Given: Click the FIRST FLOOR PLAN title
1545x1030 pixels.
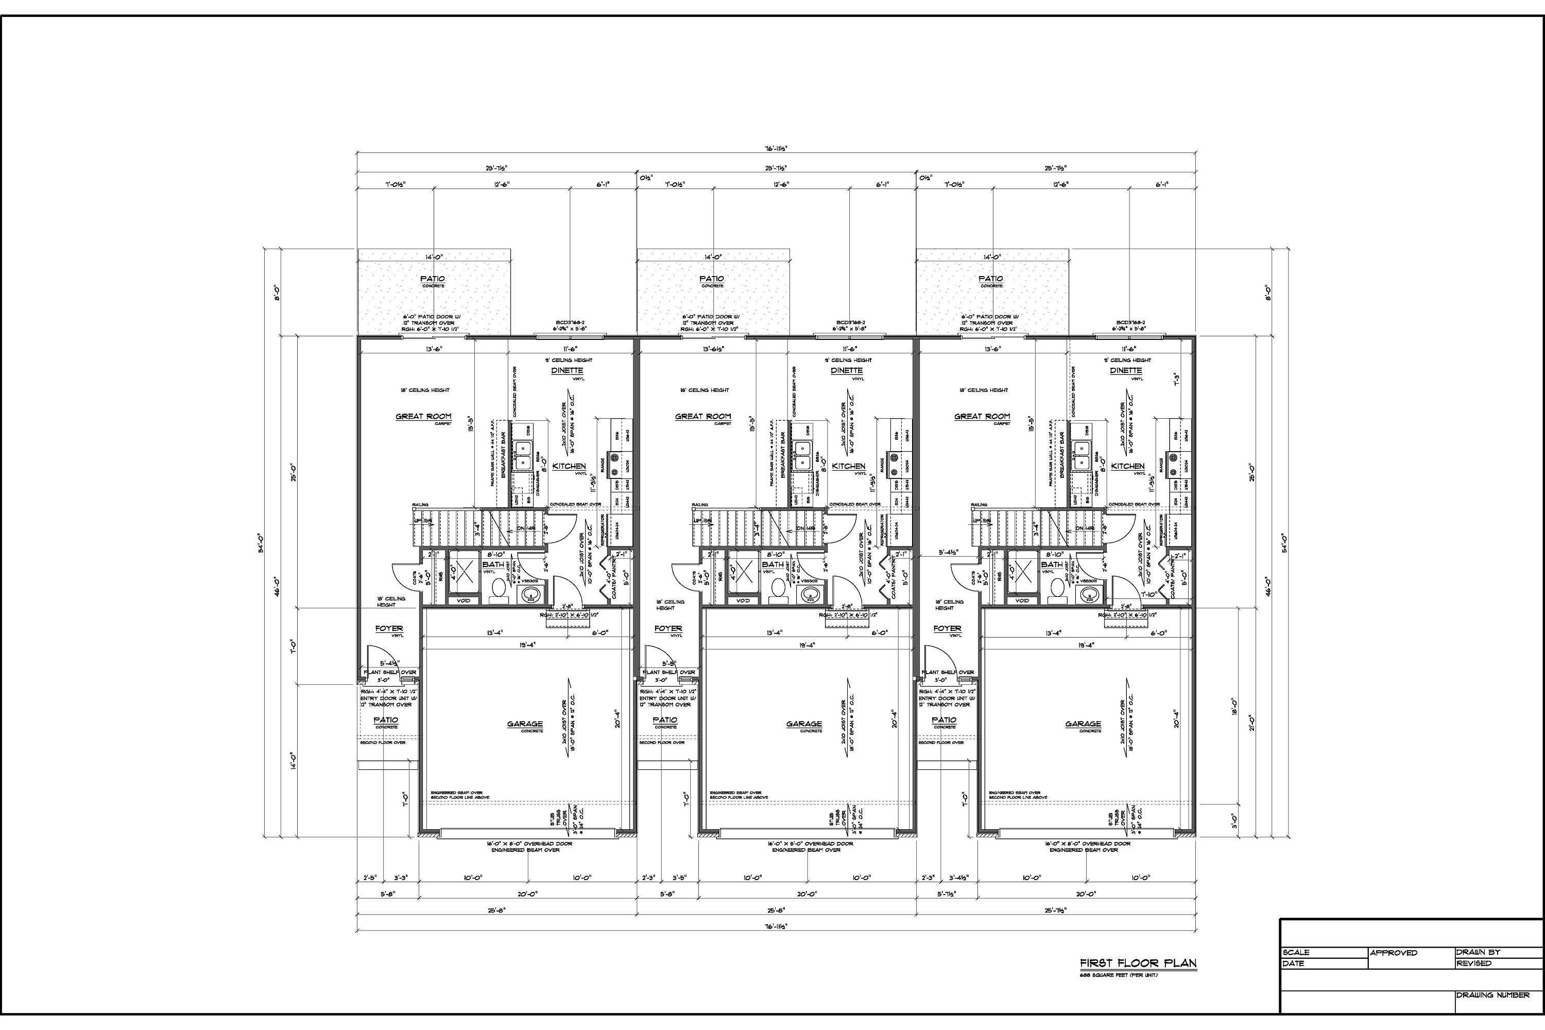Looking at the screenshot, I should click(x=1138, y=964).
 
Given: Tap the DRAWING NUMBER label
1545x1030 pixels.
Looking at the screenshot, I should click(x=1493, y=995).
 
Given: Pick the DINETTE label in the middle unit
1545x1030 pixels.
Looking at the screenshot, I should click(x=846, y=370).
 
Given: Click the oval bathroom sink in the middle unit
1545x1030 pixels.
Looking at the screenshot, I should click(x=809, y=594).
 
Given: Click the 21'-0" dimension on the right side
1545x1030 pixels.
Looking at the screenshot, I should click(x=1252, y=723).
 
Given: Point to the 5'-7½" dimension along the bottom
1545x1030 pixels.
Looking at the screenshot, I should click(x=947, y=894).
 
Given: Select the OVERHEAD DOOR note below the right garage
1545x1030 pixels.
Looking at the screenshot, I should click(x=1087, y=844).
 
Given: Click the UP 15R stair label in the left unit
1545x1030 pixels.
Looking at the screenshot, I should click(x=422, y=520).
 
